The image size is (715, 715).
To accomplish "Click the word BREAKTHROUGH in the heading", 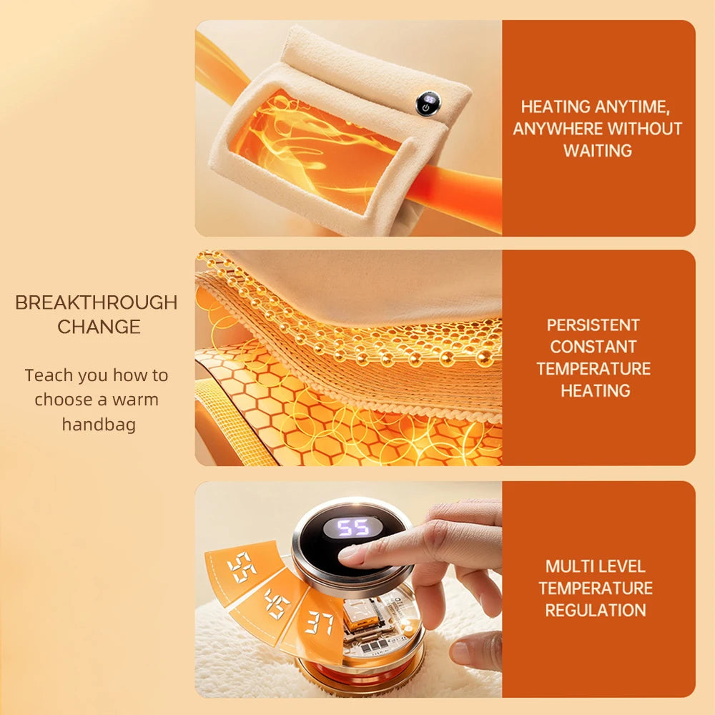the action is coord(97,302).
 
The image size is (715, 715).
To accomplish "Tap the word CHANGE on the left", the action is coord(99,327).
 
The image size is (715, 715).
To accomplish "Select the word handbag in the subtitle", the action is coord(99,424).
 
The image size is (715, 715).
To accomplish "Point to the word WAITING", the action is coord(597,150).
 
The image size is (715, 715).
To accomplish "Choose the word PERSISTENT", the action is coord(593,325).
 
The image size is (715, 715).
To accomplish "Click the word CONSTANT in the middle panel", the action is coord(593,347).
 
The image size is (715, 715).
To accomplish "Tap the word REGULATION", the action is coord(596,610).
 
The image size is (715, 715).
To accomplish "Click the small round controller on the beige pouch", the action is coord(428,104).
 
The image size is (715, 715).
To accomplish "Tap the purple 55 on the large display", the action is coord(353,528).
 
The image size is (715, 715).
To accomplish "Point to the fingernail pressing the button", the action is coord(348,553).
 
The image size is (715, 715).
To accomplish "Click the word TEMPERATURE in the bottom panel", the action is coord(596,588).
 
